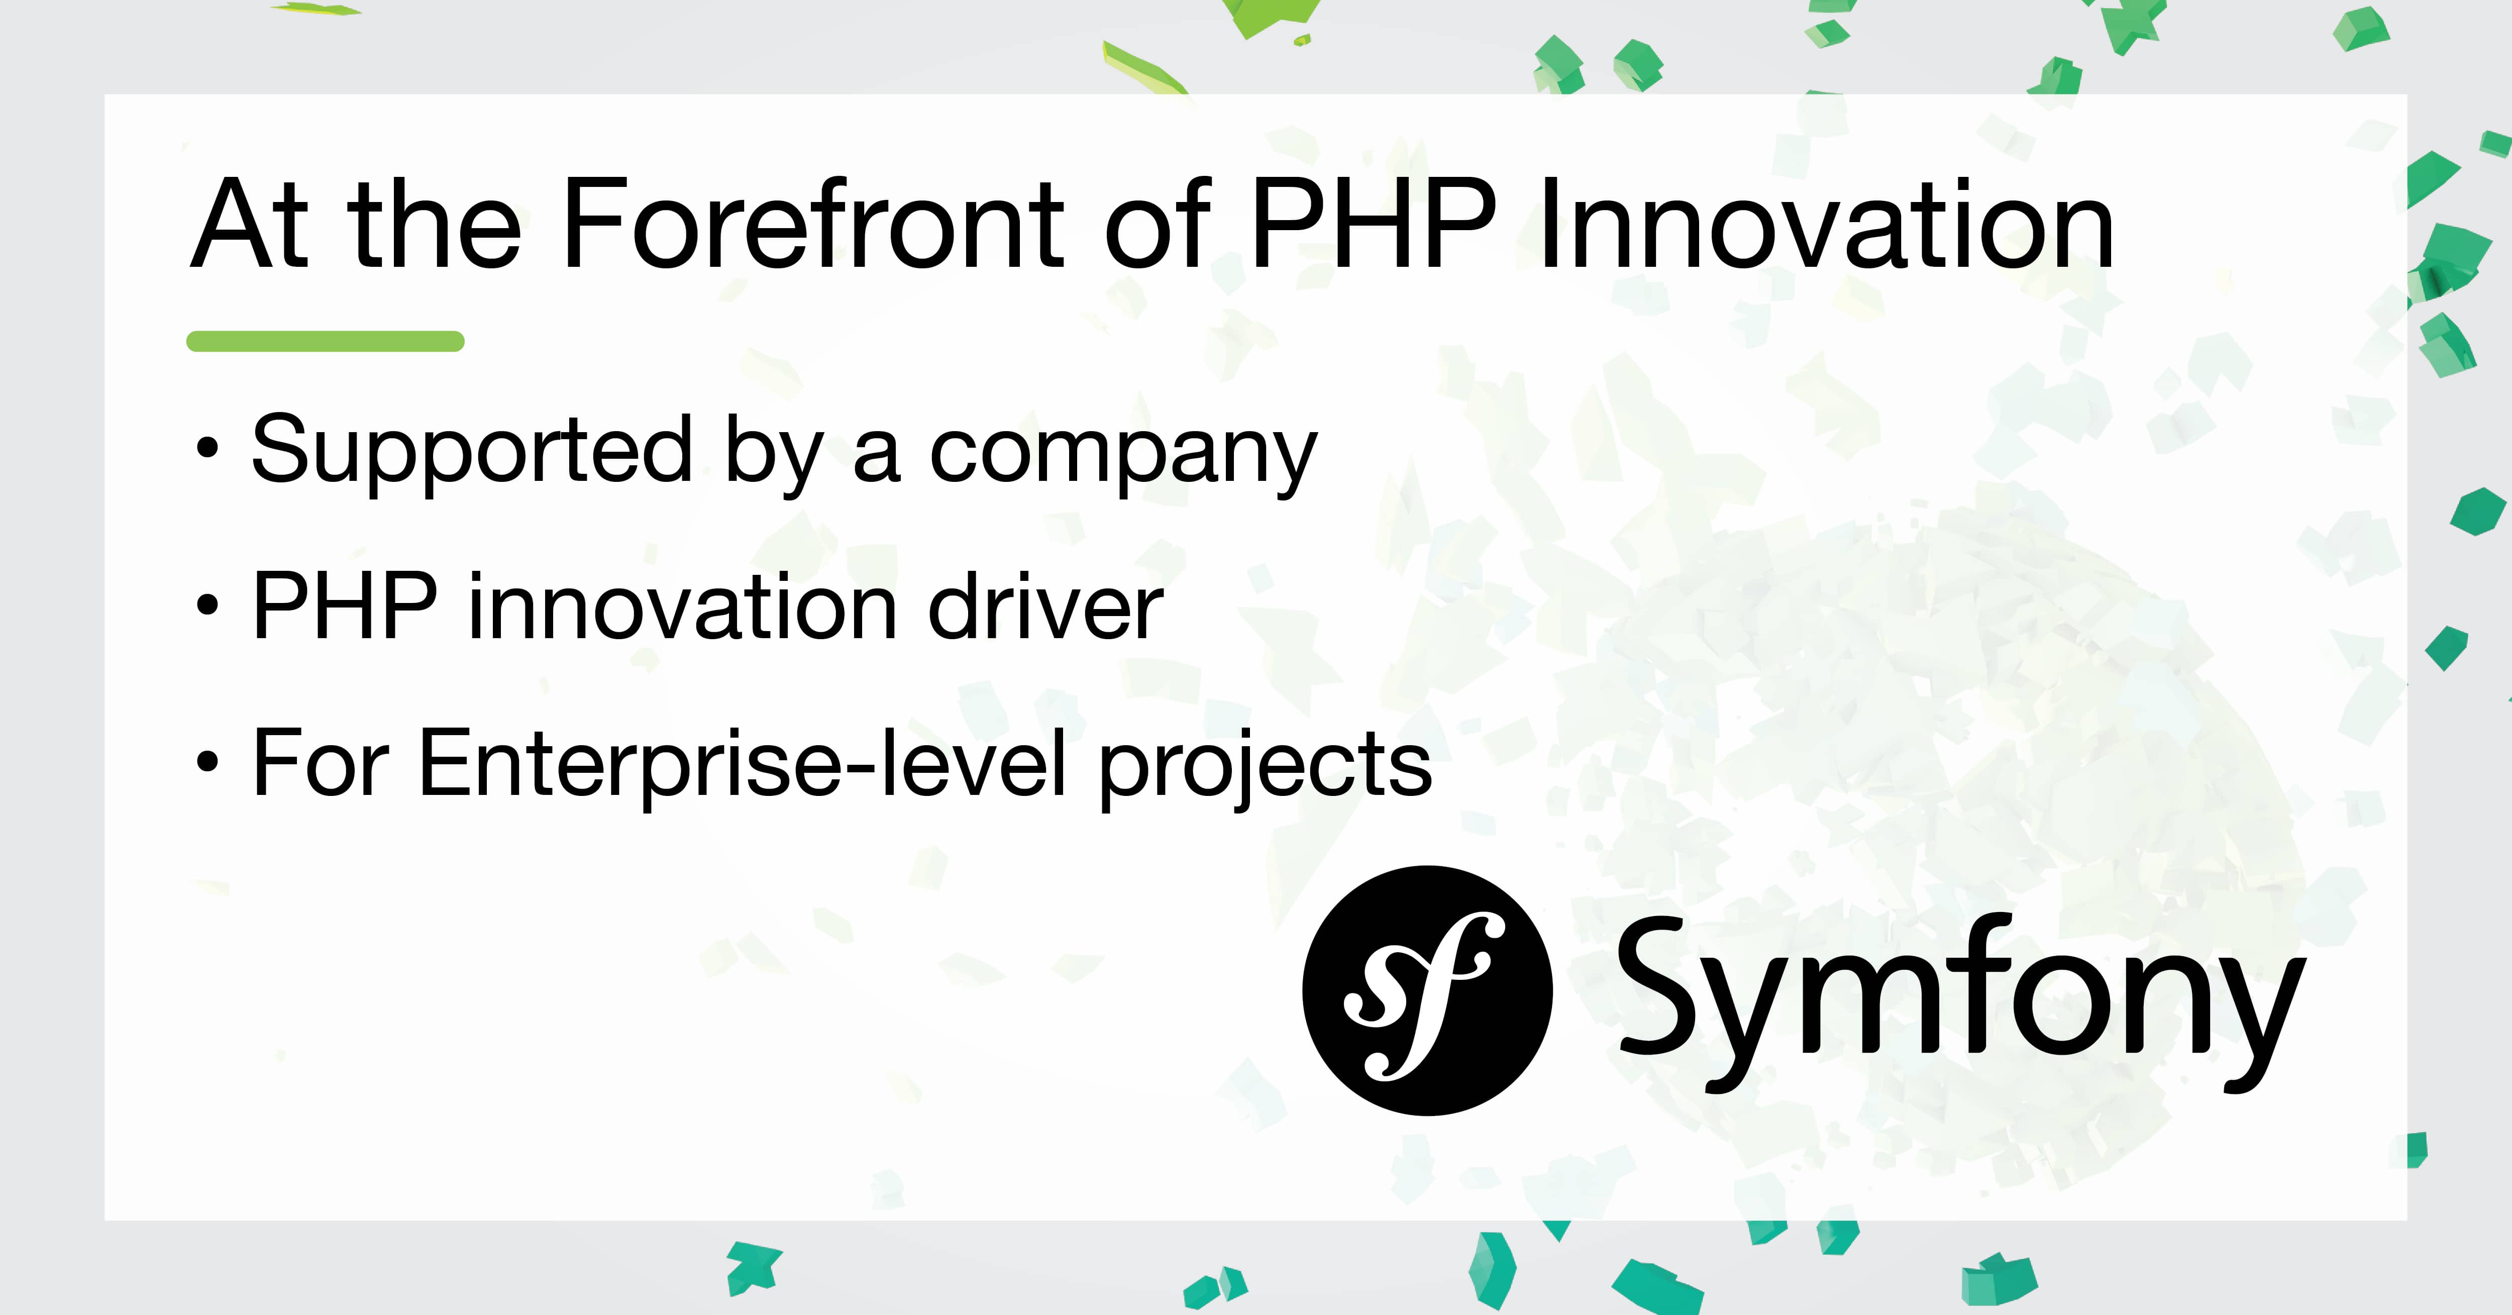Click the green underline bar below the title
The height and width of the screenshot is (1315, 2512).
point(325,341)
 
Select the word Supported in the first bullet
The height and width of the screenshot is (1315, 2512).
point(472,451)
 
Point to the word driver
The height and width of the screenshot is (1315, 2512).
point(1045,607)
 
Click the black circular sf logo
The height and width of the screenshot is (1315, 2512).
point(1427,990)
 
